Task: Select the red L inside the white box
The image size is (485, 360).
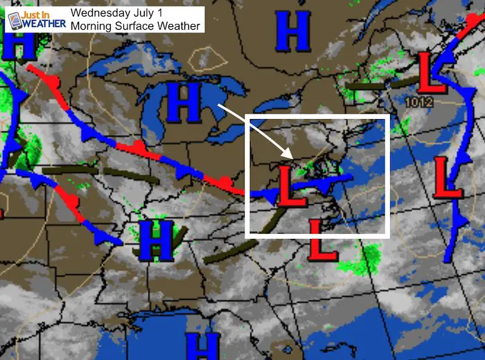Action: (x=290, y=186)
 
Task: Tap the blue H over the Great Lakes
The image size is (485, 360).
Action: (x=183, y=102)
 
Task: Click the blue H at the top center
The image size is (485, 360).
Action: (x=292, y=32)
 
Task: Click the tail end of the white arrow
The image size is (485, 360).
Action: (x=218, y=105)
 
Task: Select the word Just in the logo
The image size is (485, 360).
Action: (x=35, y=12)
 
